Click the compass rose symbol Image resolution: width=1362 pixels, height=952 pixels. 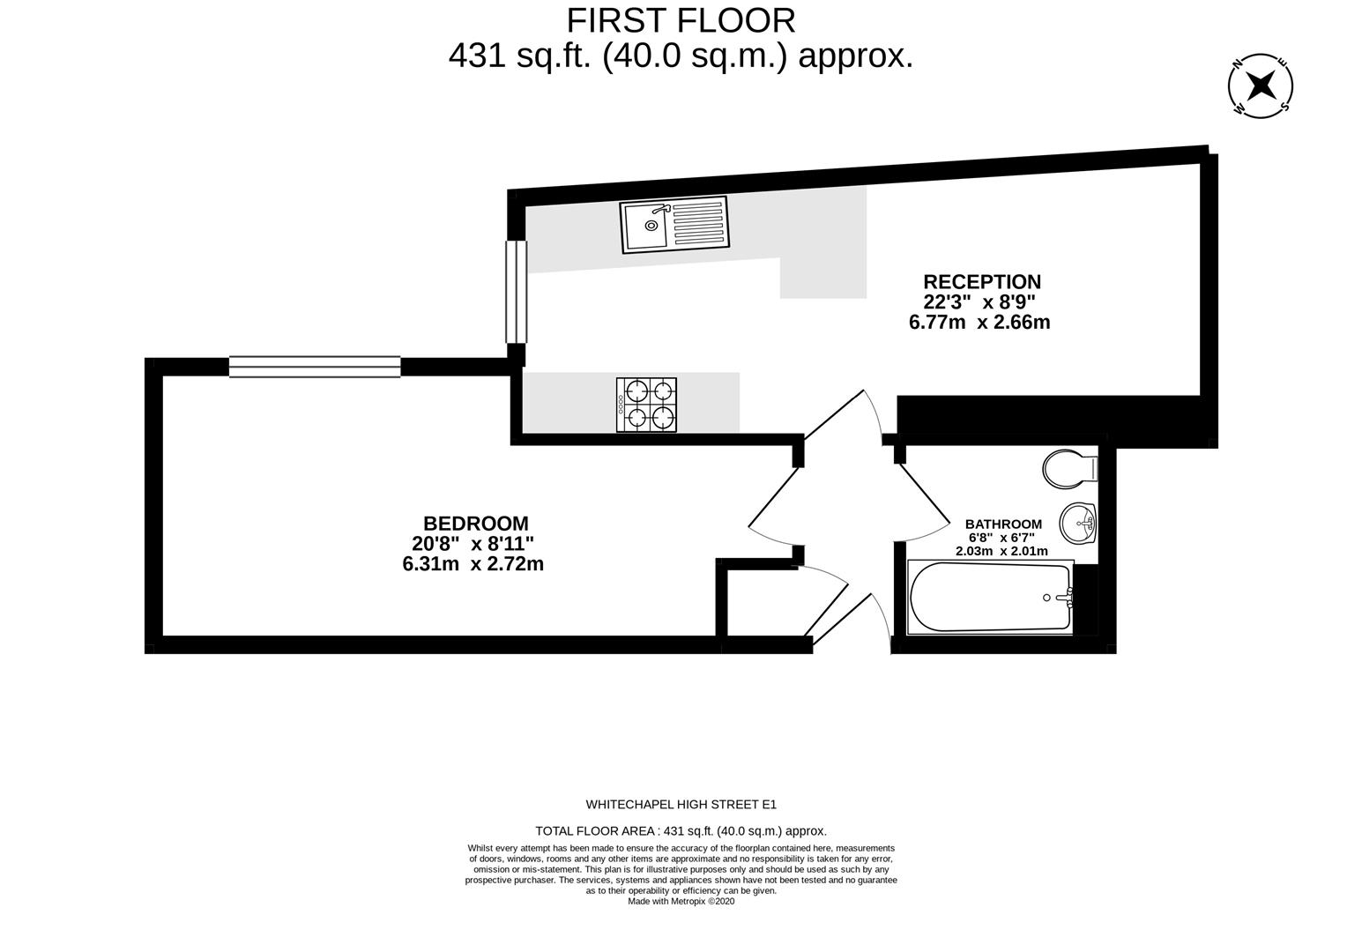[1261, 86]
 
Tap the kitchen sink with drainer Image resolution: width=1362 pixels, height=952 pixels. [674, 224]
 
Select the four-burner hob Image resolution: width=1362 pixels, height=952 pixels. [646, 405]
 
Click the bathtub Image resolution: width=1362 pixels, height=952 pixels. [989, 598]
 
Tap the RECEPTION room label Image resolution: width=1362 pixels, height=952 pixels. [981, 282]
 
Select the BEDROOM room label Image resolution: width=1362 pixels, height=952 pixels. [475, 524]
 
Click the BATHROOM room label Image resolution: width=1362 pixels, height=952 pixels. [1002, 524]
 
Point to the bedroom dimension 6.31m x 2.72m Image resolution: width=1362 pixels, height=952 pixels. [473, 564]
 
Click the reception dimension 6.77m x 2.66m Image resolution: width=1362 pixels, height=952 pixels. [979, 323]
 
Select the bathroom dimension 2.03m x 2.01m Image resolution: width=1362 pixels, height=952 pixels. [1001, 551]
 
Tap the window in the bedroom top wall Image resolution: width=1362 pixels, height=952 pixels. [315, 367]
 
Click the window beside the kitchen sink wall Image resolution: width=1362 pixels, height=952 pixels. [516, 291]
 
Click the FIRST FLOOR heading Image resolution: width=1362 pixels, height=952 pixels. [680, 19]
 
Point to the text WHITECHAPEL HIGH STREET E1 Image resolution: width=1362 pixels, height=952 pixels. [681, 804]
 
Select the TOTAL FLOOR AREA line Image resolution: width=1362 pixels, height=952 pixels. [681, 830]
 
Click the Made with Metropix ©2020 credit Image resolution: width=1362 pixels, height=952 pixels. [681, 901]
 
